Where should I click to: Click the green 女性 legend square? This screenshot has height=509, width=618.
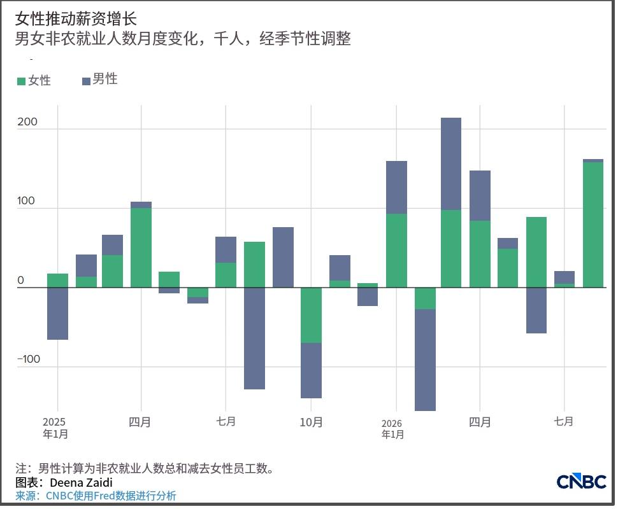21,81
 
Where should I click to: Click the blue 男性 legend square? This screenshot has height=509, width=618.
86,81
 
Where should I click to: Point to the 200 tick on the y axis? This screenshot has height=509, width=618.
27,122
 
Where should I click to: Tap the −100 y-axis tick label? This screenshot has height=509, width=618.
29,359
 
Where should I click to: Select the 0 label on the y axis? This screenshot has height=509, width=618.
20,281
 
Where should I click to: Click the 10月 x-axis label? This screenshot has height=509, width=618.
311,422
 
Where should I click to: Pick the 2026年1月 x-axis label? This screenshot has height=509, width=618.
392,429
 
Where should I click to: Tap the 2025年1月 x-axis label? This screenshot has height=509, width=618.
55,428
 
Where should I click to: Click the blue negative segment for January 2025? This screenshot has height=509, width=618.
57,313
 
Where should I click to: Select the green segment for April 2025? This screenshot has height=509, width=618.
141,248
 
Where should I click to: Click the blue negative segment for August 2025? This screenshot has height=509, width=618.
254,338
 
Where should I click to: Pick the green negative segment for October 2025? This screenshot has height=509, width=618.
311,316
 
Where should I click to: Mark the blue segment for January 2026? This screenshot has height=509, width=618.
396,188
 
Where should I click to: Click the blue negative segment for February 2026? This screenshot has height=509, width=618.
425,360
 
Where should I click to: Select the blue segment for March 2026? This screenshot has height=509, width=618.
451,164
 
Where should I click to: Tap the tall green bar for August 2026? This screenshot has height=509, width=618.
593,225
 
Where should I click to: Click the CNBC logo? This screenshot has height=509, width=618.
581,482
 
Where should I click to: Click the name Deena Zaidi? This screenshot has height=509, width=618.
81,483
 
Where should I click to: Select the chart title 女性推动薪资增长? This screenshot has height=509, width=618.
76,18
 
